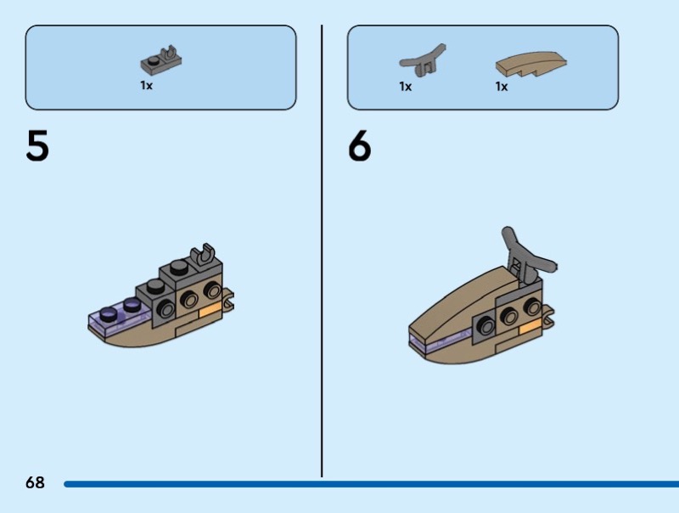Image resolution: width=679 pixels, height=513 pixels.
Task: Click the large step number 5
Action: click(37, 145)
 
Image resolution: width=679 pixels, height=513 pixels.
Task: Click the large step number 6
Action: click(359, 145)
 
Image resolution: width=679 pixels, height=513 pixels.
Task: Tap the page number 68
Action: click(35, 482)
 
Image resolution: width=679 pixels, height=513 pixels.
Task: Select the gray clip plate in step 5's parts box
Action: click(160, 59)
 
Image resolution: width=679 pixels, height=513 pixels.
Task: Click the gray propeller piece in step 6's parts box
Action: click(422, 61)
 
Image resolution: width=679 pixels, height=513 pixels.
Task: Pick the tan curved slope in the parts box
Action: click(531, 65)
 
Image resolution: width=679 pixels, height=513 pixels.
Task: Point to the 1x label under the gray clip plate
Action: click(146, 85)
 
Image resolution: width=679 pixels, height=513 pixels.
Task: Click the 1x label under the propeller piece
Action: click(406, 87)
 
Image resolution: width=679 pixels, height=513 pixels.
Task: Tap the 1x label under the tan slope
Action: click(502, 87)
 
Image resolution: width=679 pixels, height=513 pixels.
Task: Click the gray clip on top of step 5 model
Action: click(203, 255)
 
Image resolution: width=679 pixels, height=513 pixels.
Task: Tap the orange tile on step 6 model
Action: click(530, 328)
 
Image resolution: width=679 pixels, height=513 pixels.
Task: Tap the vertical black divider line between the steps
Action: click(322, 251)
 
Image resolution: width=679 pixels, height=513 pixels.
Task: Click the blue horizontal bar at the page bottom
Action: click(371, 484)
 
